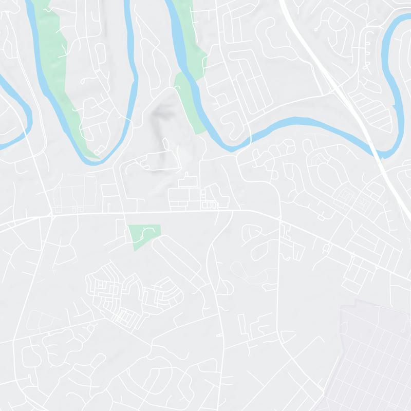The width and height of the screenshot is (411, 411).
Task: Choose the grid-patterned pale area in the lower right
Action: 375,354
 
